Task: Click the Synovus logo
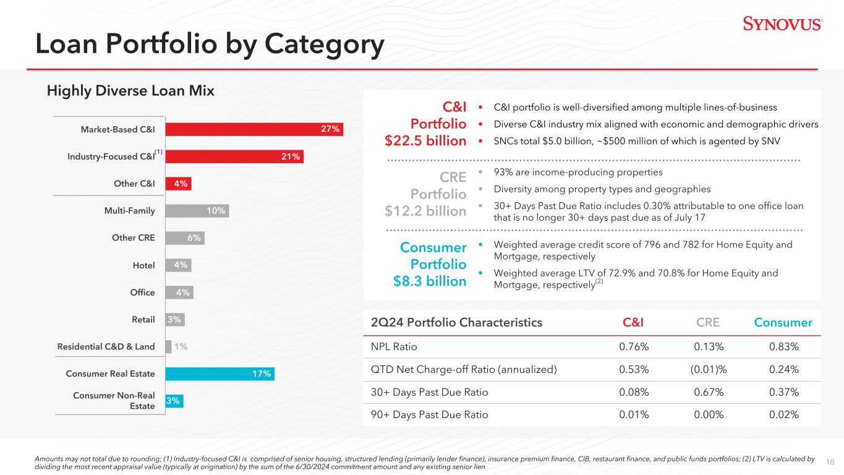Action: click(x=782, y=24)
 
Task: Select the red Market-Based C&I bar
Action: click(x=254, y=129)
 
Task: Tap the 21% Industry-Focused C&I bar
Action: click(x=234, y=156)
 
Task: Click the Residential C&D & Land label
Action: click(x=106, y=347)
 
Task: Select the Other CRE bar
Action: click(x=184, y=238)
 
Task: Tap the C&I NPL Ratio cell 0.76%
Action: click(x=634, y=347)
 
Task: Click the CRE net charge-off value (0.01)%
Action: click(x=708, y=370)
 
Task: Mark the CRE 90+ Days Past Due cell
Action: click(x=708, y=415)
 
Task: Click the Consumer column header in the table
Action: click(x=783, y=322)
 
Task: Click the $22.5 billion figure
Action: click(x=425, y=141)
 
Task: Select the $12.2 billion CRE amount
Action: click(x=425, y=212)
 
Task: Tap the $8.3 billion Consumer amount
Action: click(x=430, y=281)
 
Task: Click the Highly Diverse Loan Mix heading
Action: click(x=130, y=91)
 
